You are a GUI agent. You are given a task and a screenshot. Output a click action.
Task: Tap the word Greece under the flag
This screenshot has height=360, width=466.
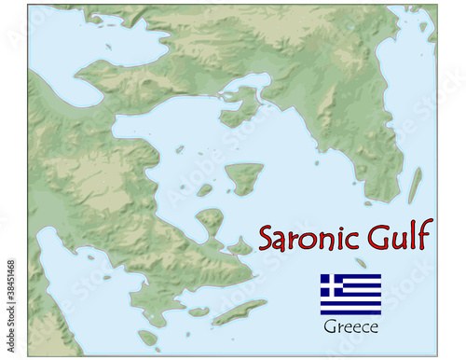[350, 327]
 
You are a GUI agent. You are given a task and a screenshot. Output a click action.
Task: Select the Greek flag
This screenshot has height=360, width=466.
[350, 294]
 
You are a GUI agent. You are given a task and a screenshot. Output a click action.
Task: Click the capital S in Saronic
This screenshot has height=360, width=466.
[267, 237]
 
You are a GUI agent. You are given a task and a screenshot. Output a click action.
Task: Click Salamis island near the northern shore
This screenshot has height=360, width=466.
[240, 104]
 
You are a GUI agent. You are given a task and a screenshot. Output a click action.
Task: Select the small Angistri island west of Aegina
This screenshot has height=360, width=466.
[204, 189]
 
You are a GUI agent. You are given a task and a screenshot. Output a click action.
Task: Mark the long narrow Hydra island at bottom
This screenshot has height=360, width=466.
[240, 312]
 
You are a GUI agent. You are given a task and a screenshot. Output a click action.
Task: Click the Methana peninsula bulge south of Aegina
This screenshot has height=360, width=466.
[210, 222]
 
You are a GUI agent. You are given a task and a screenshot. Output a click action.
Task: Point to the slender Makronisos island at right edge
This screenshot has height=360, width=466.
[415, 186]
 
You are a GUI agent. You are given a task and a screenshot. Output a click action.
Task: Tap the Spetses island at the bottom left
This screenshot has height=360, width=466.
[148, 337]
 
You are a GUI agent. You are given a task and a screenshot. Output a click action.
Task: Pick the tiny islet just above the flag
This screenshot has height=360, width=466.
[361, 262]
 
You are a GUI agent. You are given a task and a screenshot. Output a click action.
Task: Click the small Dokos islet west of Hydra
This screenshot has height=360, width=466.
[199, 312]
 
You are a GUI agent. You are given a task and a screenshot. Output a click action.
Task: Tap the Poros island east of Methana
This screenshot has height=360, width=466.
[240, 247]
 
